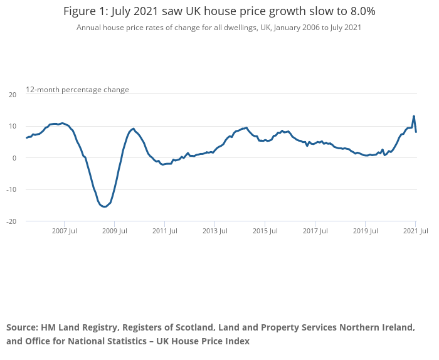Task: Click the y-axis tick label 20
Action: pyautogui.click(x=12, y=95)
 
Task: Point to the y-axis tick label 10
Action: pyautogui.click(x=12, y=126)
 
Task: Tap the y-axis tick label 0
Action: pyautogui.click(x=14, y=158)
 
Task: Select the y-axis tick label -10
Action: pyautogui.click(x=11, y=189)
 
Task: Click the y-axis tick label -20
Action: pyautogui.click(x=11, y=221)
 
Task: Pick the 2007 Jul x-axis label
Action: pyautogui.click(x=64, y=231)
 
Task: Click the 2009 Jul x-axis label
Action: pyautogui.click(x=114, y=231)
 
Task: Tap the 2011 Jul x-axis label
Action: pyautogui.click(x=164, y=231)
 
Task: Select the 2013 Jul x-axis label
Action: pyautogui.click(x=214, y=231)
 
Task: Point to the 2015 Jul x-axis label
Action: pyautogui.click(x=265, y=231)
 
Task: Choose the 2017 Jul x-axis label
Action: pyautogui.click(x=315, y=231)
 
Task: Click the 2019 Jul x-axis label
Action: pyautogui.click(x=365, y=231)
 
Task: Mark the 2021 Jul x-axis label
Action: pyautogui.click(x=415, y=231)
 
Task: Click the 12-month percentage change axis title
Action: pyautogui.click(x=77, y=90)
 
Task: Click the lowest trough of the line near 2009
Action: pyautogui.click(x=104, y=206)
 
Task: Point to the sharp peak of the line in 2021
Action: pyautogui.click(x=414, y=116)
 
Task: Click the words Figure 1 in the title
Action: pyautogui.click(x=87, y=12)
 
